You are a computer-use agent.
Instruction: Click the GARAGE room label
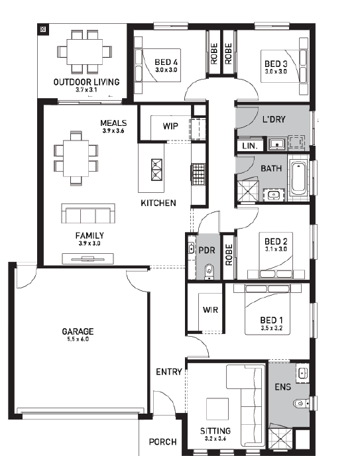78,331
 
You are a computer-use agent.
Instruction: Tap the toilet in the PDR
209,272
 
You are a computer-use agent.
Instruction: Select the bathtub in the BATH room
298,178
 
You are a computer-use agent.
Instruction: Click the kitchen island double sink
156,170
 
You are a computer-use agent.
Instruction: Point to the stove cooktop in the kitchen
198,174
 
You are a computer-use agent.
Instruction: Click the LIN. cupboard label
250,146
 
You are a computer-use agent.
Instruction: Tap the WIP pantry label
170,126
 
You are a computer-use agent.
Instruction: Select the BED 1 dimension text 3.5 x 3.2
272,328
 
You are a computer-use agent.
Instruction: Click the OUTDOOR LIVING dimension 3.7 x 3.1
86,89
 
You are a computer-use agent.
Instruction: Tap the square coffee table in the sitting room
217,409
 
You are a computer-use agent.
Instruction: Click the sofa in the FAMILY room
88,213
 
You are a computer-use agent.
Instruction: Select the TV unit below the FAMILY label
88,258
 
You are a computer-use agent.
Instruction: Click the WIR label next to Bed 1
210,310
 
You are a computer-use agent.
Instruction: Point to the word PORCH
162,442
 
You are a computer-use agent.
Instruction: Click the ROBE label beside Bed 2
229,255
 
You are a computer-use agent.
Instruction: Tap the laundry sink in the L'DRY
277,143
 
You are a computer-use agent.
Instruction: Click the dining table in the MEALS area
76,158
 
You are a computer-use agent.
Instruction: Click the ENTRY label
169,372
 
